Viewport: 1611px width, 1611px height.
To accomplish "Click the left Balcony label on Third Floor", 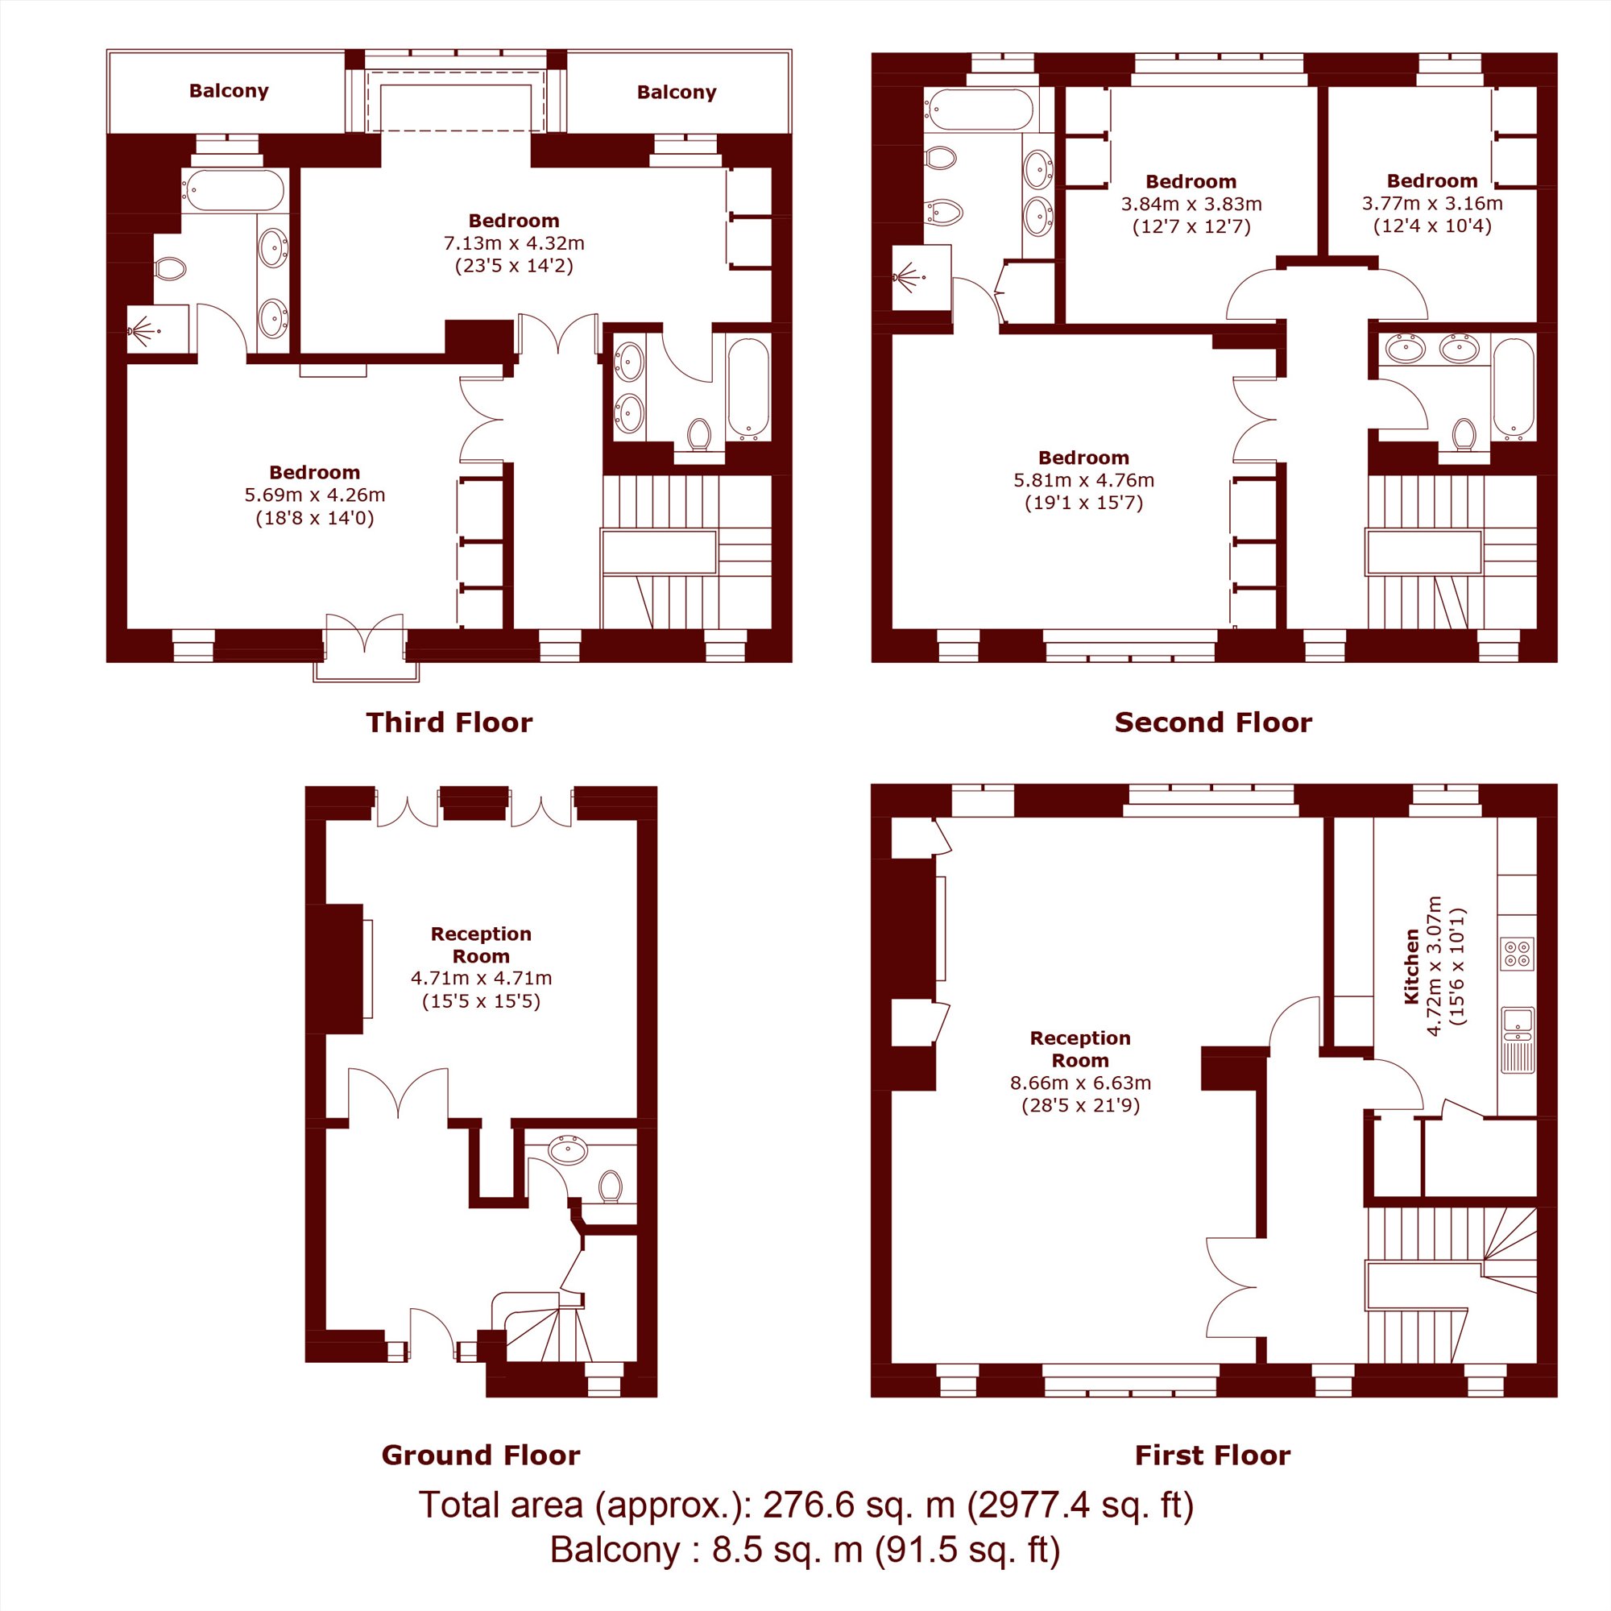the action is [229, 91].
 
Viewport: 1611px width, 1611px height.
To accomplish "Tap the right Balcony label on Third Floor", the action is [677, 92].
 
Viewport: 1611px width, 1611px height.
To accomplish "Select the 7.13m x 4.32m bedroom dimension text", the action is [514, 243].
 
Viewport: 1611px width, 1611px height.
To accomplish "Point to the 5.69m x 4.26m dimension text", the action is [314, 495].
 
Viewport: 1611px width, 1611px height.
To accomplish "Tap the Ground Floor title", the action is [481, 1455].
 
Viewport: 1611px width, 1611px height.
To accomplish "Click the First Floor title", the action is [1212, 1455].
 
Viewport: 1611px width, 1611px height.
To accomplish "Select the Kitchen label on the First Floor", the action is [1412, 967].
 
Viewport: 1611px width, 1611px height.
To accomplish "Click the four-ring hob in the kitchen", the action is [1517, 954].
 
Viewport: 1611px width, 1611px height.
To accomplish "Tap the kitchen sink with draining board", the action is [1518, 1040].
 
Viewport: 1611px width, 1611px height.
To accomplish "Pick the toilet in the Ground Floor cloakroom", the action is [611, 1187].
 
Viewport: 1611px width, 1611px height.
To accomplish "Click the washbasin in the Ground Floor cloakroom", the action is [568, 1150].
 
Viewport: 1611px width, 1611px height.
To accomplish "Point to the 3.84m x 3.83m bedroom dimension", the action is [1191, 205].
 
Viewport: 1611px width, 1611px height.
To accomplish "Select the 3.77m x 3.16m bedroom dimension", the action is [1432, 204].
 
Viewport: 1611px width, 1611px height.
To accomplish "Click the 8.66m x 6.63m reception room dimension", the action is [1081, 1083].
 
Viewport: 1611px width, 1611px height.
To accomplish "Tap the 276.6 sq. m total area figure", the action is [859, 1505].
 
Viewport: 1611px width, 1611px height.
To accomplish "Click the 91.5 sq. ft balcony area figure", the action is [967, 1550].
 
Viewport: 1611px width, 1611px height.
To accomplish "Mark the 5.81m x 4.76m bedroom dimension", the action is [1084, 480].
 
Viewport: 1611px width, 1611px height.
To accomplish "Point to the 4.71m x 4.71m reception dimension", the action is [481, 978].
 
